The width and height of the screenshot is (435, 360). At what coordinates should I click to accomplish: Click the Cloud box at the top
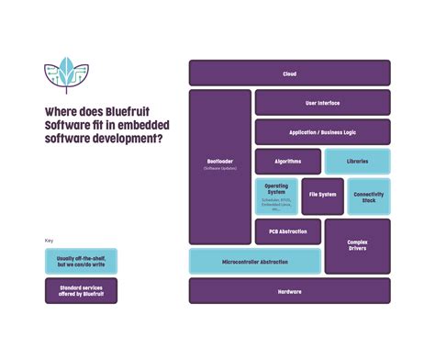coord(289,73)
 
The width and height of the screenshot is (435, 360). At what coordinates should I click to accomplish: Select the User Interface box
coord(322,102)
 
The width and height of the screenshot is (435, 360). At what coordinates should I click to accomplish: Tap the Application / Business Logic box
coord(322,132)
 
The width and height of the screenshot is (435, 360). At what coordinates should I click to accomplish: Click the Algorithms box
coord(287,162)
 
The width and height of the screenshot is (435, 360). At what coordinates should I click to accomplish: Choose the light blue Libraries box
coord(357,162)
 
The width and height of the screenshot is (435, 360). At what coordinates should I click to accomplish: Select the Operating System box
coord(275,196)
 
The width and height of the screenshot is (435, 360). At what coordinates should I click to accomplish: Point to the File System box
coord(322,195)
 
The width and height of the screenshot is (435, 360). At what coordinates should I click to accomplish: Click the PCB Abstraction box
coord(287,231)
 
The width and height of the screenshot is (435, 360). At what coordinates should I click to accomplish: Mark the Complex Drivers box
coord(357,246)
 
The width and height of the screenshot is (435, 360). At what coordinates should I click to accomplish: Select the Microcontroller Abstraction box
coord(255,262)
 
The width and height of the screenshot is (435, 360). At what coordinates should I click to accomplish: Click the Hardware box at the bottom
coord(289,291)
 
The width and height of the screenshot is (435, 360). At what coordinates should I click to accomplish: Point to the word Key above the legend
coord(50,241)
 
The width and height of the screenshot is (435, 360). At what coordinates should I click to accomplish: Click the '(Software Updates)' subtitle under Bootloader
coord(220,169)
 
